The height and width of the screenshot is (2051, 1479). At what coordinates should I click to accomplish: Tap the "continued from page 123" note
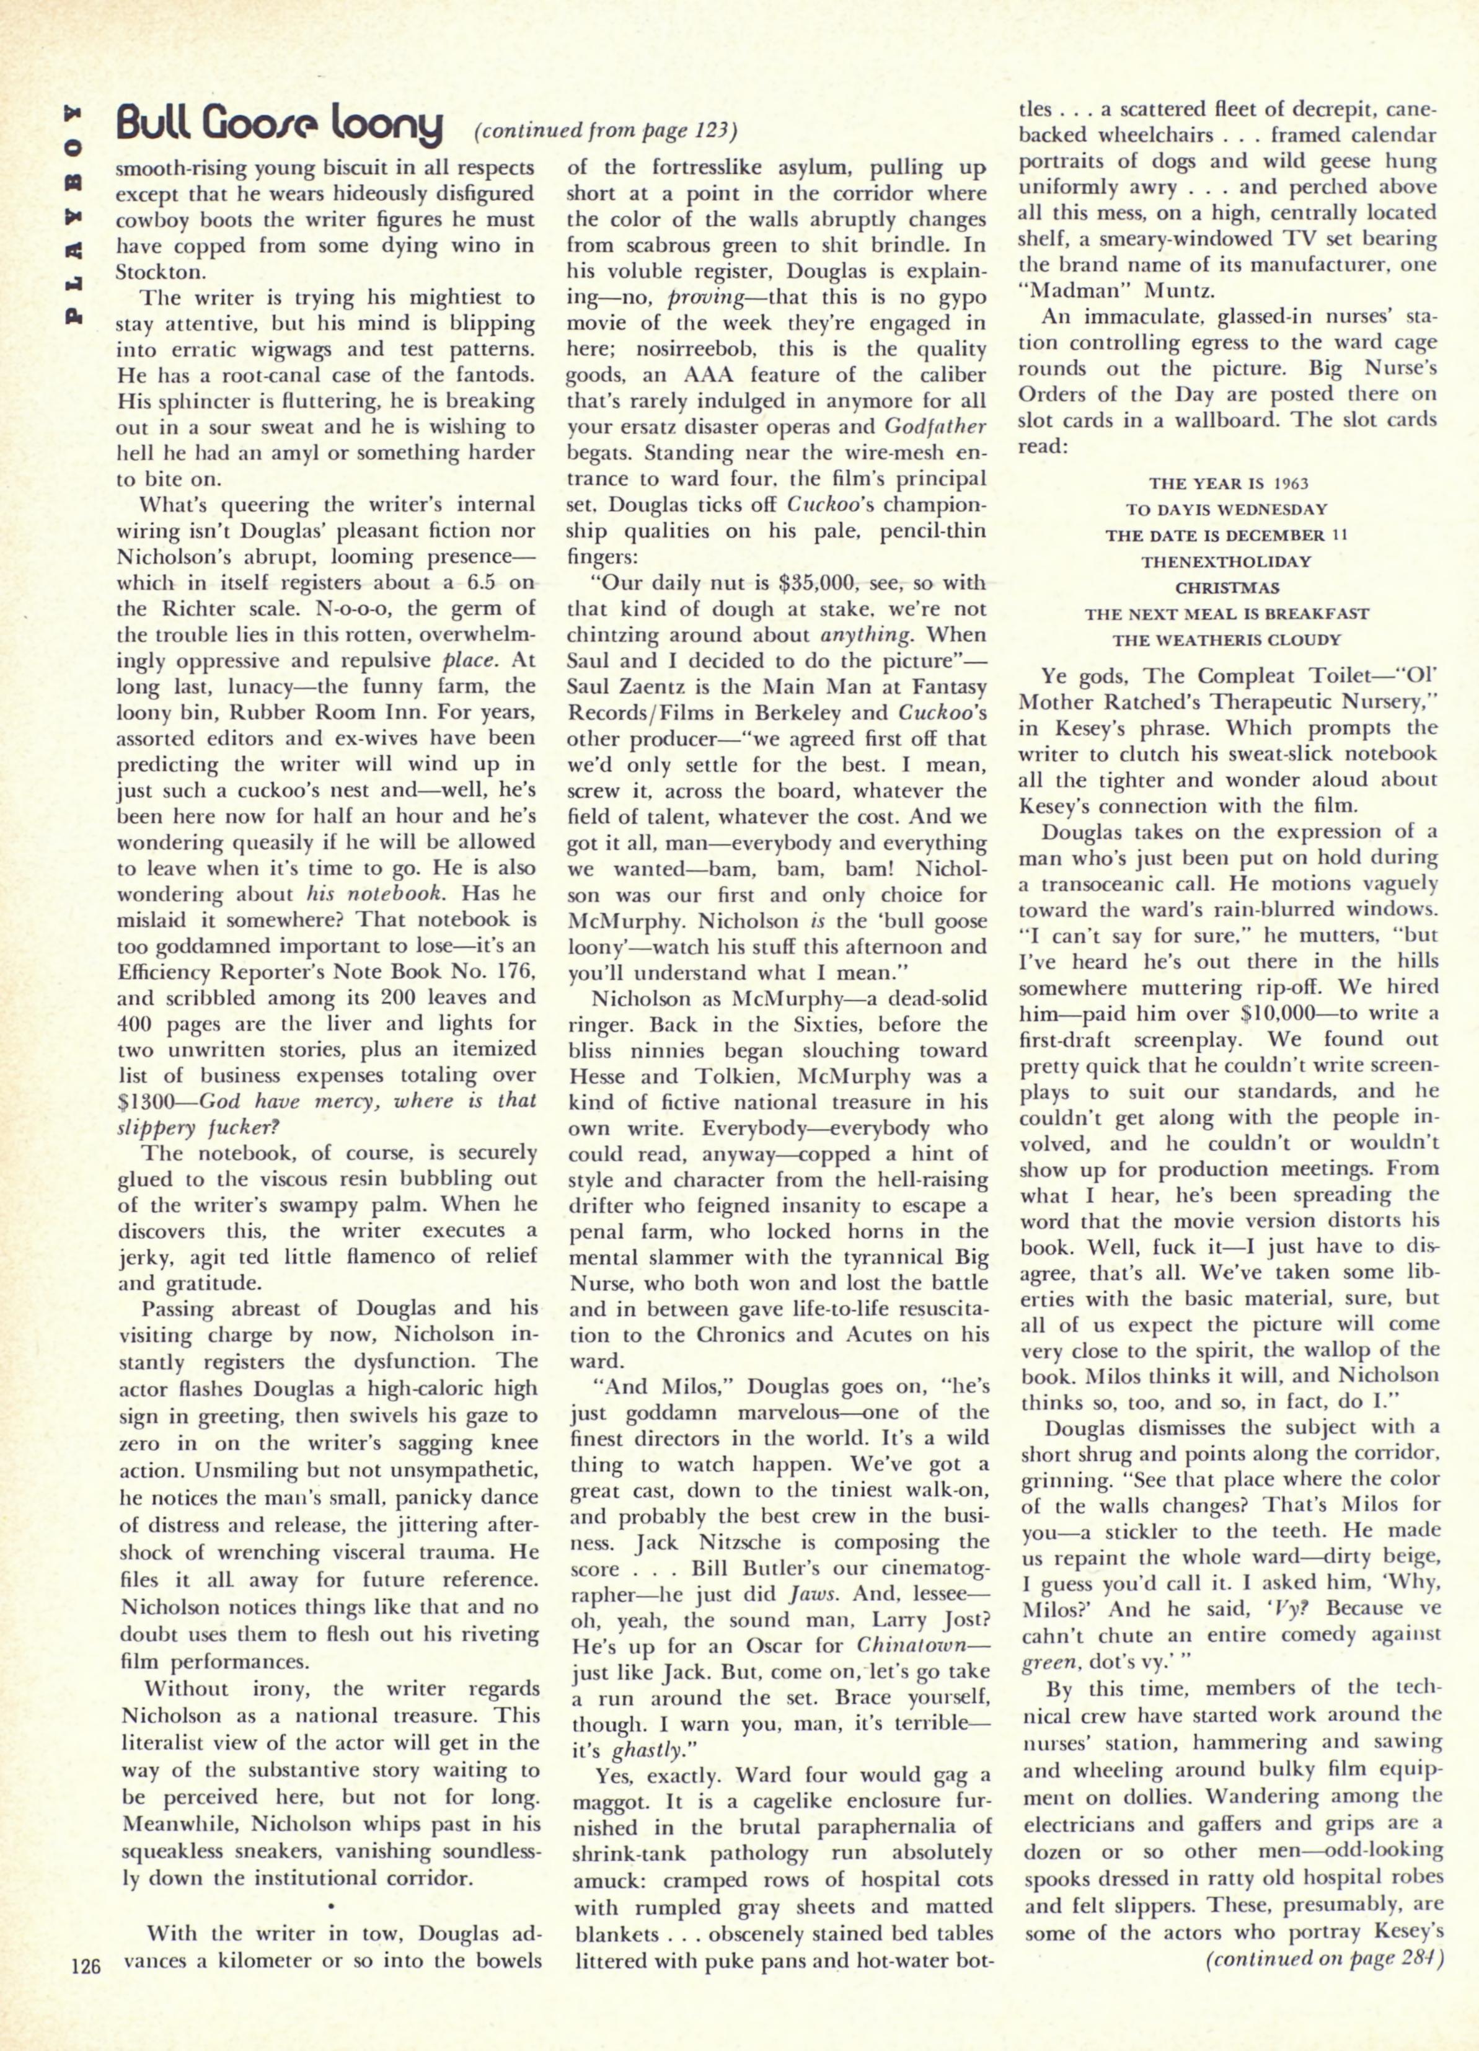click(606, 131)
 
